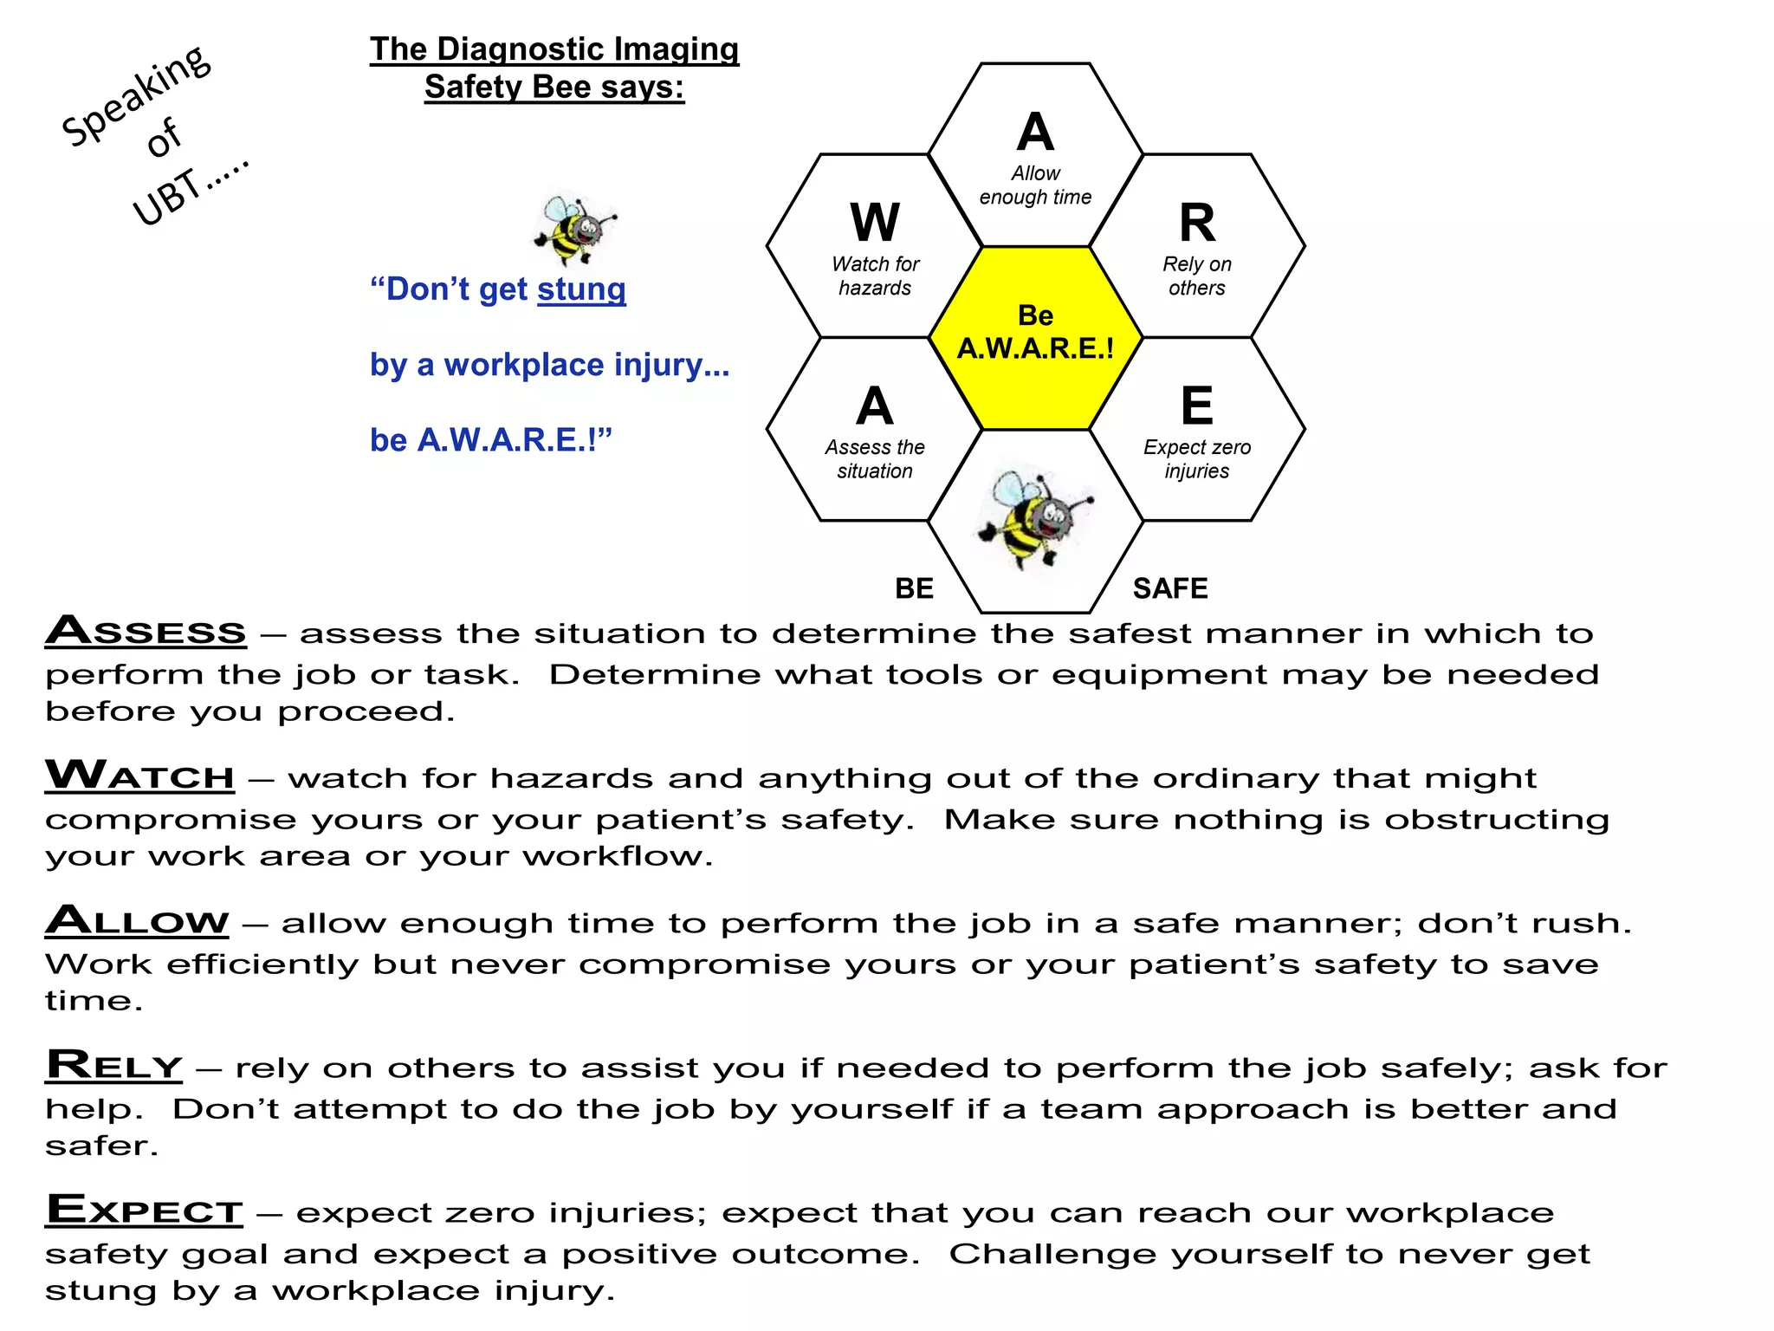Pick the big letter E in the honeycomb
[x=1197, y=406]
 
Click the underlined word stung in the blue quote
[x=581, y=289]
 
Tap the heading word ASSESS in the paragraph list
[x=146, y=630]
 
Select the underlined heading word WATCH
[x=139, y=775]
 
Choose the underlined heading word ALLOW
[x=137, y=919]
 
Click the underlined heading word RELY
[x=114, y=1065]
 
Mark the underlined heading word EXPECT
[x=144, y=1210]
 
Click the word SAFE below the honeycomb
[x=1169, y=588]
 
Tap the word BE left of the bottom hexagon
[x=914, y=588]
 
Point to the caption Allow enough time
[x=1035, y=185]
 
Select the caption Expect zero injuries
[x=1197, y=459]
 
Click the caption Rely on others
[x=1197, y=276]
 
